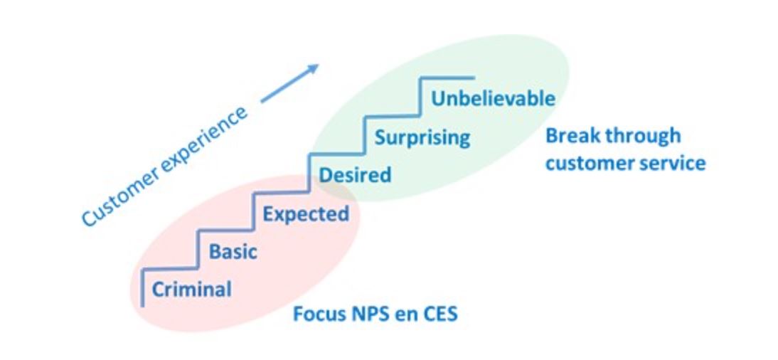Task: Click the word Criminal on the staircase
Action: (x=192, y=290)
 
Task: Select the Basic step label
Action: (x=233, y=252)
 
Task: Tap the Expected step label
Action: (x=306, y=213)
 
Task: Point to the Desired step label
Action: (x=355, y=174)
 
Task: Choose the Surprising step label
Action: (x=422, y=137)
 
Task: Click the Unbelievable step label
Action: (x=493, y=98)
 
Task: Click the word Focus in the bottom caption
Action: (x=317, y=313)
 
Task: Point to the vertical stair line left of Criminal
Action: (x=144, y=287)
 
